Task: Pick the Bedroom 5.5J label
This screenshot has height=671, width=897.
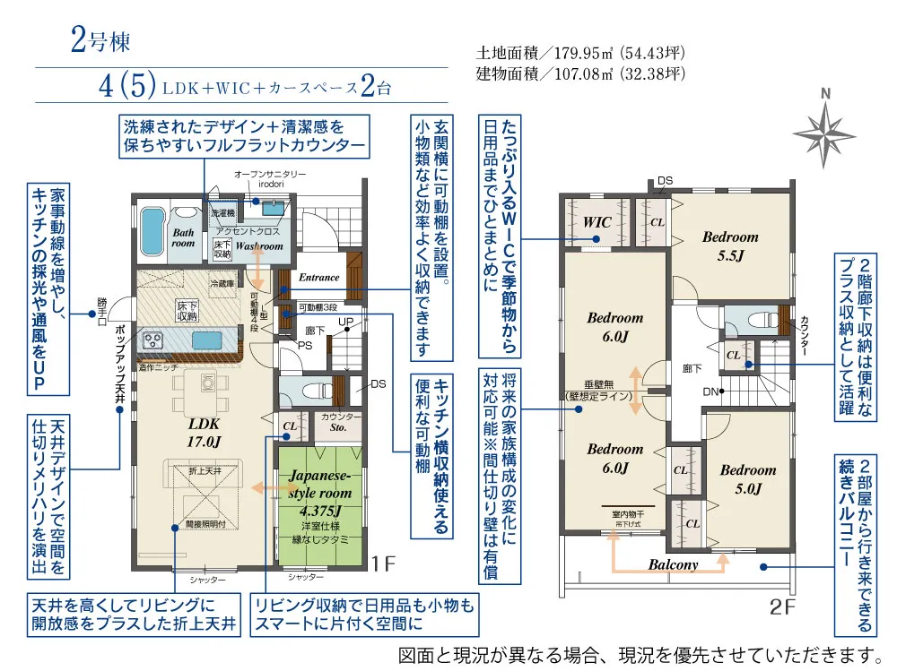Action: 730,245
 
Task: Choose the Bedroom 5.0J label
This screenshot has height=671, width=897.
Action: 747,478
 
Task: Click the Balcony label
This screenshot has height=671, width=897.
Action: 674,564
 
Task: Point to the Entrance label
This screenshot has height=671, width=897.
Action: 318,278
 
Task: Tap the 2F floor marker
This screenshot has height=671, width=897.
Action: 782,606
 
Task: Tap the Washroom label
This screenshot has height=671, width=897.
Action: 259,245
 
